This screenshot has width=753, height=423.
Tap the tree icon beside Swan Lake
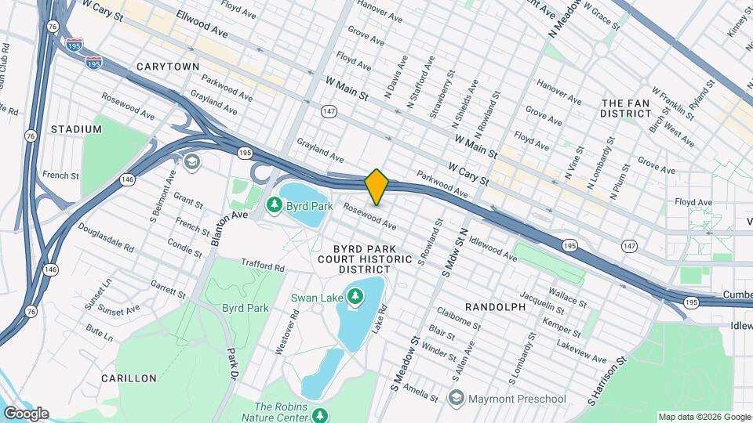coord(356,296)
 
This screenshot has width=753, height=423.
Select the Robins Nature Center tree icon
coord(318,414)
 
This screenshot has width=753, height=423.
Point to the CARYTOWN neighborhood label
coord(168,67)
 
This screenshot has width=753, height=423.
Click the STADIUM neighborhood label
coord(77,128)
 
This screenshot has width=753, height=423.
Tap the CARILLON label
coord(129,378)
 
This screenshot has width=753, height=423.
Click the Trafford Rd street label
coord(262,266)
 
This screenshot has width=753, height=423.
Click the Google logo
coord(26,413)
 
